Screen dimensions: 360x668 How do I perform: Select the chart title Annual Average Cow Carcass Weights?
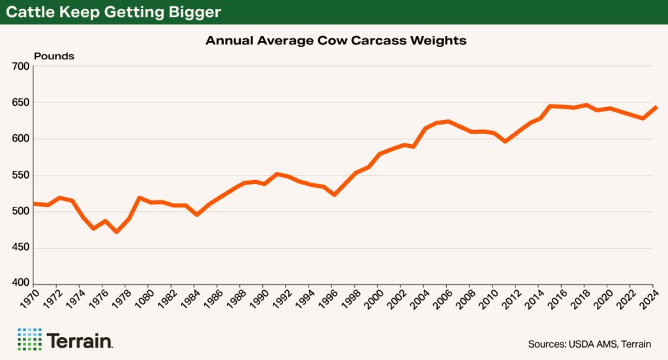point(336,40)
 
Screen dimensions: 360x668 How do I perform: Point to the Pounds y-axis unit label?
point(54,56)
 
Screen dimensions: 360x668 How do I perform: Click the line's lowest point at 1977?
point(117,232)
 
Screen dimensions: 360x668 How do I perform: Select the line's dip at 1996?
point(335,194)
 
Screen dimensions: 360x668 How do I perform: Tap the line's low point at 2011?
point(506,141)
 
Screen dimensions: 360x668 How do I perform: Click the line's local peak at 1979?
point(140,198)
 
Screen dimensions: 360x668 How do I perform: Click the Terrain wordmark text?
point(80,340)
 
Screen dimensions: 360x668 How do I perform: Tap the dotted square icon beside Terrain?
point(29,339)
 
